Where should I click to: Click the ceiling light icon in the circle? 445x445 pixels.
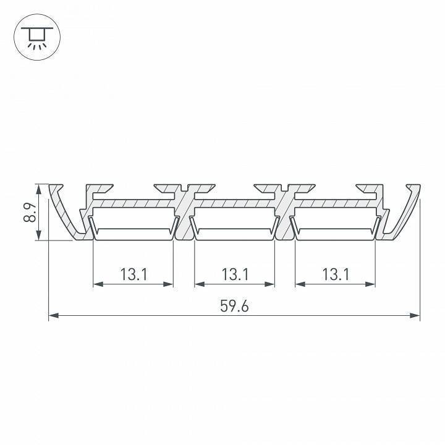click(35, 38)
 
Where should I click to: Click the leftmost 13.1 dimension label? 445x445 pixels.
click(133, 274)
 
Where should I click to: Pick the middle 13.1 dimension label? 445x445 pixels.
click(234, 274)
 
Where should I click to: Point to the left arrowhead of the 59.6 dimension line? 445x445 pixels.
click(53, 316)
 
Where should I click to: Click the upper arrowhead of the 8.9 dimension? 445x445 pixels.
click(40, 188)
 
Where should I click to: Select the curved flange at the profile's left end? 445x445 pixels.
click(64, 213)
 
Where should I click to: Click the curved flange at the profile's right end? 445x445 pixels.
click(405, 213)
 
